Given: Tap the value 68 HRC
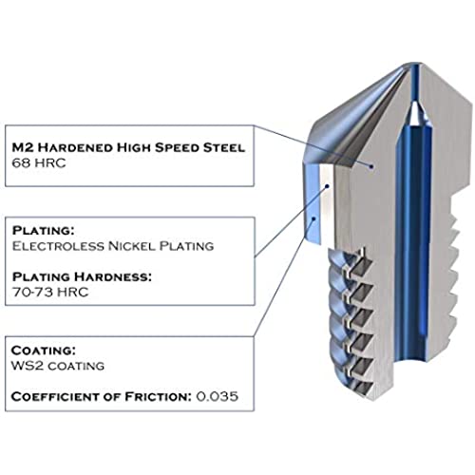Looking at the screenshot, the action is [39, 163].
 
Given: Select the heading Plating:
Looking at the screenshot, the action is [44, 231].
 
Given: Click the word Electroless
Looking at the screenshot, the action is [58, 246].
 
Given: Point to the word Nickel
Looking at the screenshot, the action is [132, 246].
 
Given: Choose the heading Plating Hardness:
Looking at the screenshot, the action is [82, 276].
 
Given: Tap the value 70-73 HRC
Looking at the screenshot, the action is [50, 292].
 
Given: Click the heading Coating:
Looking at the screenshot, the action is [44, 351].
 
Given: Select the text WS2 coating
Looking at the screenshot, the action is [58, 366].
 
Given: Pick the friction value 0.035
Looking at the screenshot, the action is [218, 396].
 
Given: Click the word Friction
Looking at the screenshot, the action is [158, 396].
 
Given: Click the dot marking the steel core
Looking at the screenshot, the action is [371, 165].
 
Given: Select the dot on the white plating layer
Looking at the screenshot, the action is [328, 186].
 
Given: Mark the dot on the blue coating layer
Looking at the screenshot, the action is [313, 218].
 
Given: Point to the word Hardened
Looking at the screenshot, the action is [75, 147].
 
